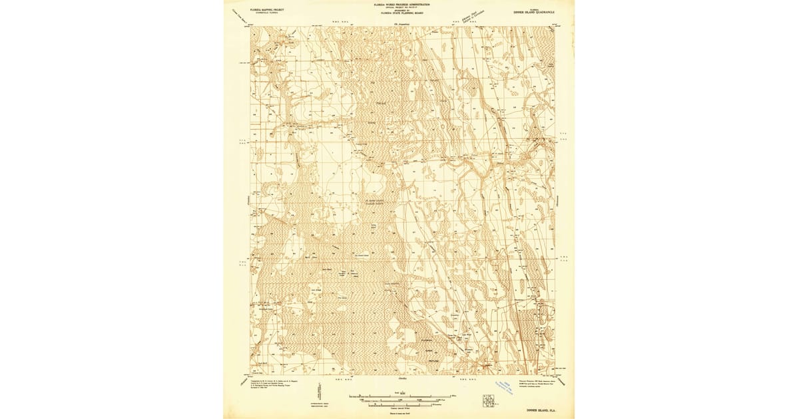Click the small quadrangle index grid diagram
(489, 400)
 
